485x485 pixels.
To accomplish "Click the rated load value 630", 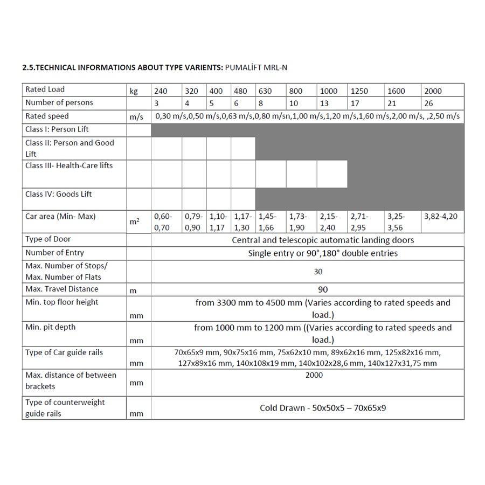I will [265, 91].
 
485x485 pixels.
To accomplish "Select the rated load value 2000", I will [433, 91].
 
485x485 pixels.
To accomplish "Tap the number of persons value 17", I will [356, 103].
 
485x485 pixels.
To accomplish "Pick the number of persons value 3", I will [156, 103].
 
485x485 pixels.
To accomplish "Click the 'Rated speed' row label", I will [47, 116].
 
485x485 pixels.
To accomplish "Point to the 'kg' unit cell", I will [134, 91].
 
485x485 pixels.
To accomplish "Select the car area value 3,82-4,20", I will [441, 216].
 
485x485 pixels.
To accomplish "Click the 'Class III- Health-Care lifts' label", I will [69, 165].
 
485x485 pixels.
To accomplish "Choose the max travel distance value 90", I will [323, 289].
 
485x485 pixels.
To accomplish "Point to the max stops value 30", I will [318, 272].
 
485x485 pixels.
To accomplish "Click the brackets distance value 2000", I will [314, 375].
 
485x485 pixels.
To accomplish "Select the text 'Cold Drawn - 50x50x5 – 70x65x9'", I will [323, 408].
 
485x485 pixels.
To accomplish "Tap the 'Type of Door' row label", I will [48, 239].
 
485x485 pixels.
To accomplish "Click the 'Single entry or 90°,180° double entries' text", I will [323, 253].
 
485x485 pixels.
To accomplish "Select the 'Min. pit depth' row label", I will [51, 327].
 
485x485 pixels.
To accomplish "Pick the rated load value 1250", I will [359, 91].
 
